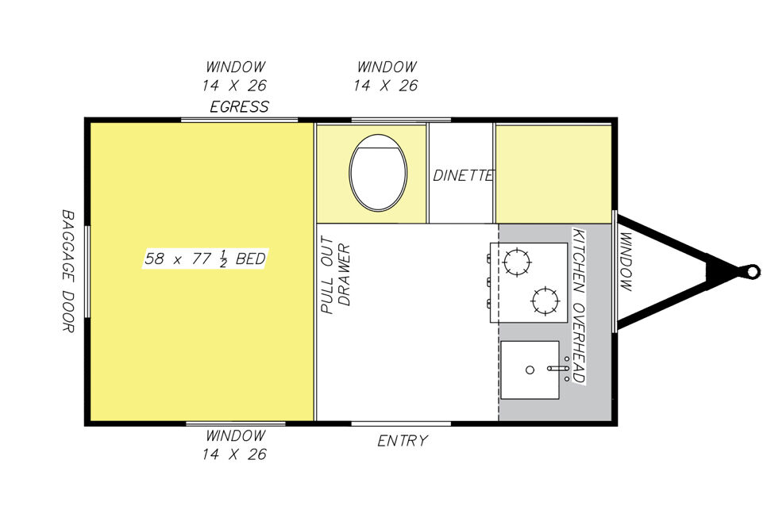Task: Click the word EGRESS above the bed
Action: [x=240, y=106]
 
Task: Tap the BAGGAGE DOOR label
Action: [x=67, y=271]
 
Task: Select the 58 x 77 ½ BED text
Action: [x=205, y=259]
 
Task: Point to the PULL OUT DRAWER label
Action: [x=335, y=274]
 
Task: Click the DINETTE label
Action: [x=463, y=175]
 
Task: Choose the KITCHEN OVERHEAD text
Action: [x=579, y=305]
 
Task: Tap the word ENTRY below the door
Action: [x=403, y=440]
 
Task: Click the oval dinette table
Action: [x=378, y=173]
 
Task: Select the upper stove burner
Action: [x=517, y=262]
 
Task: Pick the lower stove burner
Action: [x=545, y=300]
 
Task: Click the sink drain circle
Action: [x=530, y=370]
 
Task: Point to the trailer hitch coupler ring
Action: [x=752, y=271]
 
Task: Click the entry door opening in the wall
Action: [x=401, y=423]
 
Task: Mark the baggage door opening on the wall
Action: [x=87, y=271]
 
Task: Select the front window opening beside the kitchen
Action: [x=615, y=271]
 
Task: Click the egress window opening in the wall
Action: [x=240, y=120]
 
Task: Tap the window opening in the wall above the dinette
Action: [x=401, y=120]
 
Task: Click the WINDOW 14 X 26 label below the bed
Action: [x=234, y=444]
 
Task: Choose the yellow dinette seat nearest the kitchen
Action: [x=553, y=174]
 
